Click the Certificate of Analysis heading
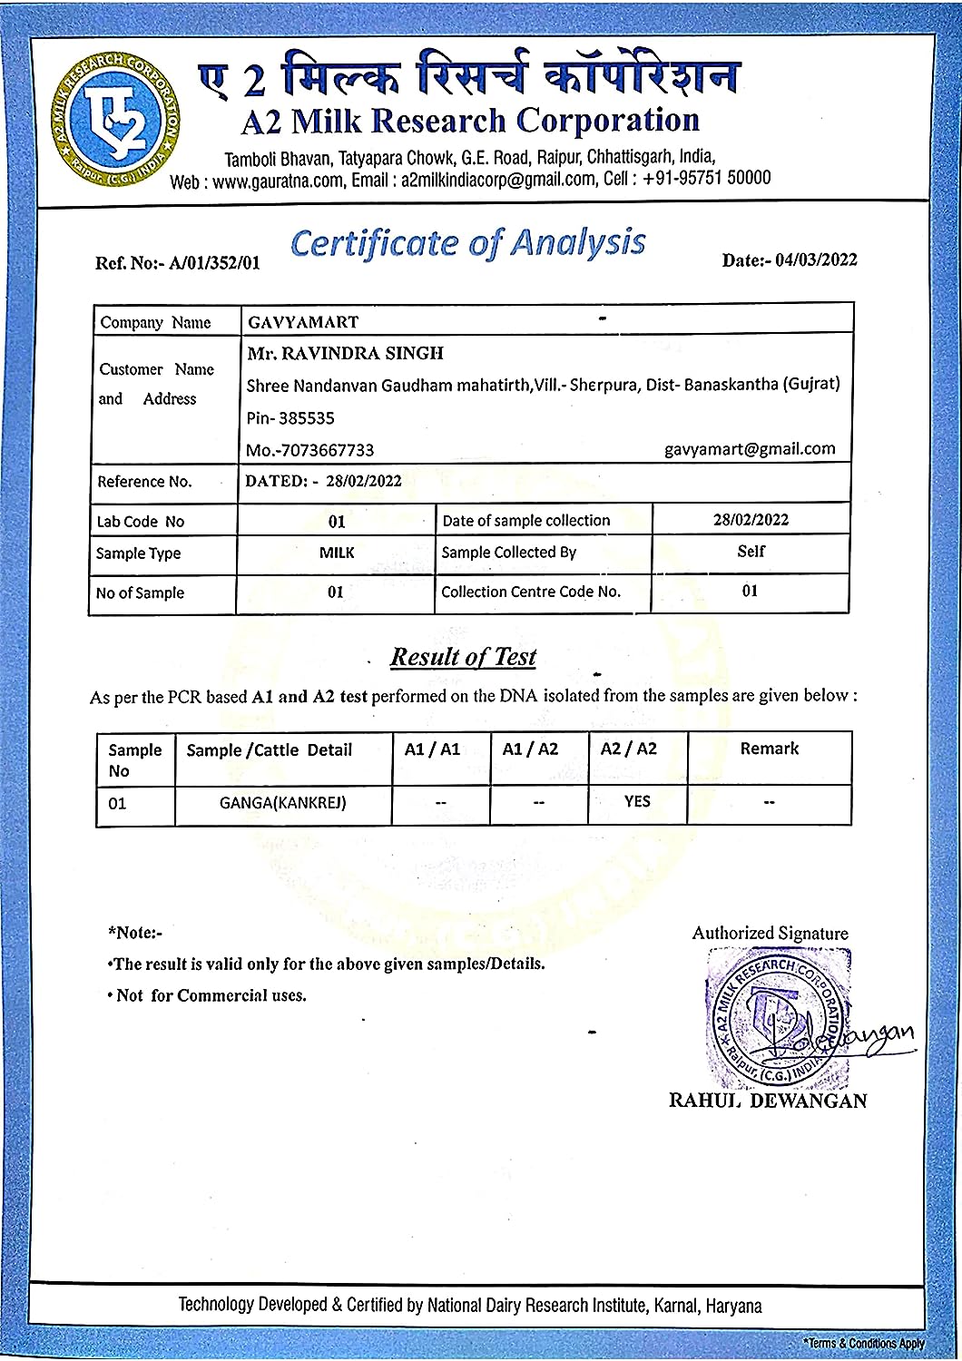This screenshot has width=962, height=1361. (x=468, y=243)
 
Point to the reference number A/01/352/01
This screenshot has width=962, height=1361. (x=178, y=263)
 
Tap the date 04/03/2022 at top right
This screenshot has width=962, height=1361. (x=790, y=260)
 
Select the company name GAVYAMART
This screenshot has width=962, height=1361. (x=303, y=322)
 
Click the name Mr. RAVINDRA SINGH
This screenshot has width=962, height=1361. (x=345, y=353)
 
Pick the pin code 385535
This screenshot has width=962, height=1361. (x=290, y=418)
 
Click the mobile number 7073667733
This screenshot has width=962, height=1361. (x=309, y=450)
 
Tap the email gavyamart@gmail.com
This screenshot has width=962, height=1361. (x=750, y=448)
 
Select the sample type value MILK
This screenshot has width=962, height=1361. (x=337, y=553)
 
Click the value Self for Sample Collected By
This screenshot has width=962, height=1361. (x=751, y=551)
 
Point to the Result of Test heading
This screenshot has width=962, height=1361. (x=463, y=657)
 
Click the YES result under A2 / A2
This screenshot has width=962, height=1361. (x=637, y=801)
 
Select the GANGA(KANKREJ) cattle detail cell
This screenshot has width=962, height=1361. (x=283, y=803)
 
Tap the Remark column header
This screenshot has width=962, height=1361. (x=769, y=749)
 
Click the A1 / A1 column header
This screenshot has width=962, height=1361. (x=432, y=749)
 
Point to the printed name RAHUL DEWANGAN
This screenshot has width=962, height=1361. (x=768, y=1101)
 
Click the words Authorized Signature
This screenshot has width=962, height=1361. (x=770, y=933)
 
